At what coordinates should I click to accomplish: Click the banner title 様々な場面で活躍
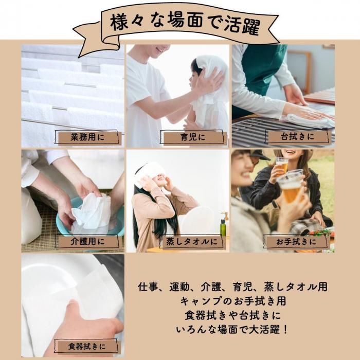[x=185, y=24]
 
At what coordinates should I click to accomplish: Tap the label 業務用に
[x=87, y=137]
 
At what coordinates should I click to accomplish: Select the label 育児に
[x=192, y=137]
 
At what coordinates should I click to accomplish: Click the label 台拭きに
[x=297, y=137]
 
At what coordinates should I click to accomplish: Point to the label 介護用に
[x=87, y=242]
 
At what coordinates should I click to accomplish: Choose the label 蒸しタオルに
[x=192, y=242]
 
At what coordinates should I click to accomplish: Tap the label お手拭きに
[x=296, y=242]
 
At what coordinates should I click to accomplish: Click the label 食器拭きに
[x=87, y=346]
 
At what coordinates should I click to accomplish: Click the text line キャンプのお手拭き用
[x=233, y=301]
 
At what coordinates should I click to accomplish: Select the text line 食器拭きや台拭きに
[x=233, y=315]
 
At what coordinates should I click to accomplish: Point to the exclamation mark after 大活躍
[x=285, y=330]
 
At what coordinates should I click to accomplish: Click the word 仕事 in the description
[x=147, y=287]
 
